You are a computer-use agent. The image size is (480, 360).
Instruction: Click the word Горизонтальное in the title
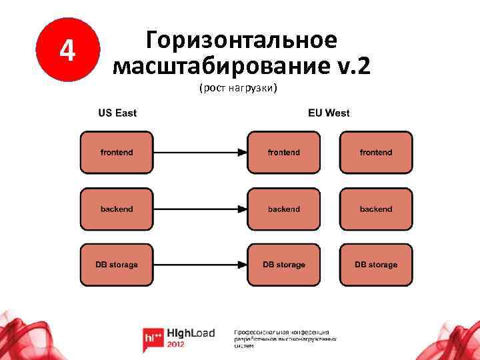point(241,40)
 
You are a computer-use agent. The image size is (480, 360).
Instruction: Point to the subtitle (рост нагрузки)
point(237,88)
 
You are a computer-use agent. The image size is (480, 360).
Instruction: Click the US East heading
point(117,113)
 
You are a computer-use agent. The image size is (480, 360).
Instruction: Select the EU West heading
point(329,113)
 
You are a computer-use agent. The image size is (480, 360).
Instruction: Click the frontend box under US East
point(117,153)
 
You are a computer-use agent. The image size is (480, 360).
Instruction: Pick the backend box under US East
point(117,209)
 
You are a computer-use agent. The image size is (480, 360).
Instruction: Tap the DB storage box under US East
point(117,265)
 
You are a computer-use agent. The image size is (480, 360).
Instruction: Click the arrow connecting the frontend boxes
point(199,153)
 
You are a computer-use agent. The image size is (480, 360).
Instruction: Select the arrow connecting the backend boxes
point(199,209)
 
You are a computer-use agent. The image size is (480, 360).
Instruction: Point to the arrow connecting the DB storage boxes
point(199,265)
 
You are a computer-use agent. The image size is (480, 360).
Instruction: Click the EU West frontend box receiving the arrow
point(284,153)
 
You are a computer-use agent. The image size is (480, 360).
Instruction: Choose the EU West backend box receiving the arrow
point(284,209)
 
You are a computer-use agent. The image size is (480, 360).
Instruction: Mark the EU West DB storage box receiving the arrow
point(284,265)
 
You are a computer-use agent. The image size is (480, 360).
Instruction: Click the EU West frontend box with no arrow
point(376,153)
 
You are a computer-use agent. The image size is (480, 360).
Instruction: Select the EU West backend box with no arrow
point(376,209)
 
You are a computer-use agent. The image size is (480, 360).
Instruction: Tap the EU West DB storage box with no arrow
point(376,265)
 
